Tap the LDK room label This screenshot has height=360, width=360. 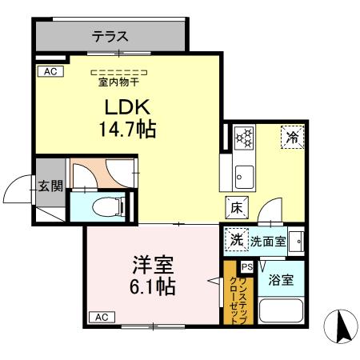point(126,107)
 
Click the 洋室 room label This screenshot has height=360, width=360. point(148,264)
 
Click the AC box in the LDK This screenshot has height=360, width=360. point(49,71)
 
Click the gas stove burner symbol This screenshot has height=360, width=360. point(242,138)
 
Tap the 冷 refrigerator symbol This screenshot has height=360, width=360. point(292,138)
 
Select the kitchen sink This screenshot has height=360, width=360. point(242,173)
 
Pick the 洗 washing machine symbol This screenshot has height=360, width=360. point(236,238)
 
